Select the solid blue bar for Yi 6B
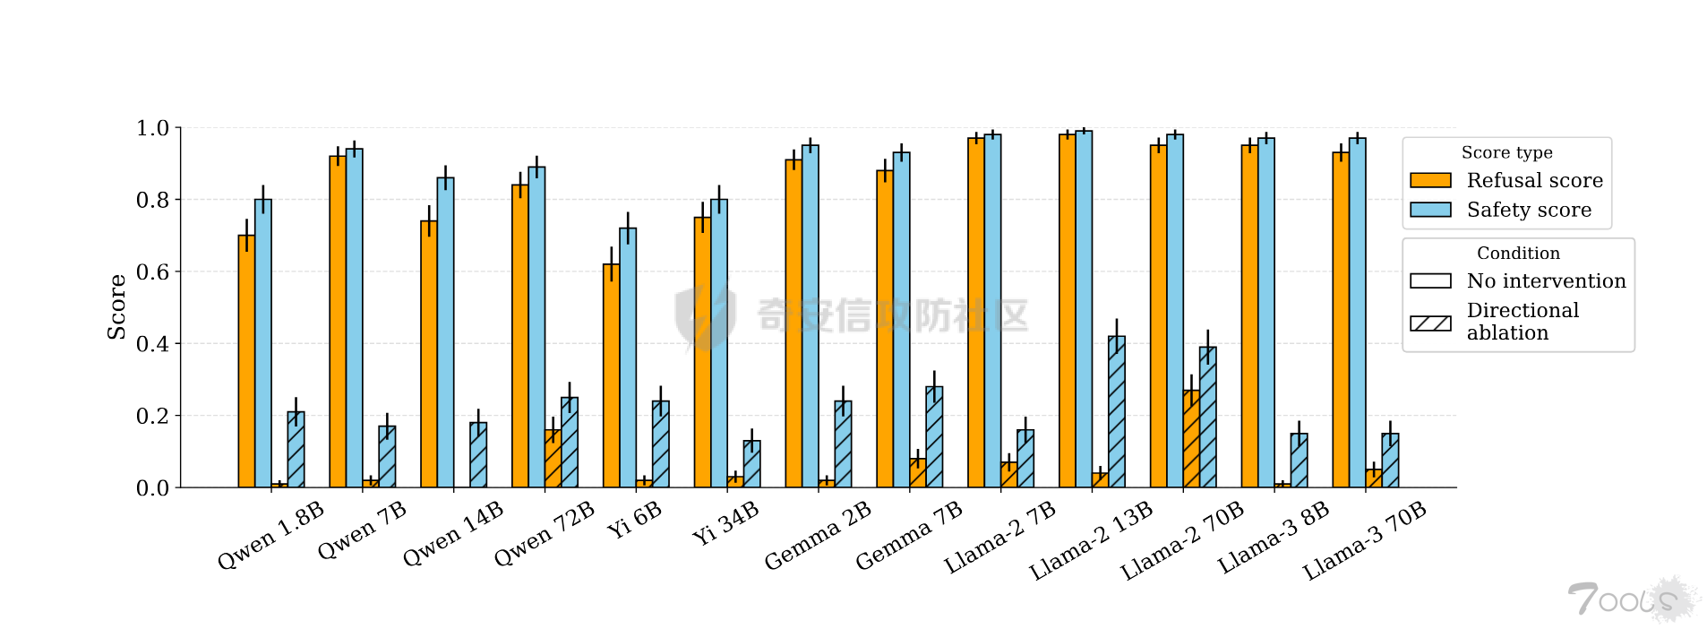click(x=628, y=358)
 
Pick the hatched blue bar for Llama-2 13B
click(x=1116, y=411)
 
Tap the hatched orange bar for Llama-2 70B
click(x=1191, y=439)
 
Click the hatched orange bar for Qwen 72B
click(x=553, y=459)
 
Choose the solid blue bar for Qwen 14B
click(x=445, y=332)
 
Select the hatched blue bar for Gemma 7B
click(x=934, y=437)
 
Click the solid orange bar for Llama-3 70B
click(x=1341, y=320)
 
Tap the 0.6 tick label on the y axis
click(x=152, y=271)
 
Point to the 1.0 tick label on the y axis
click(x=152, y=128)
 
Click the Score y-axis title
click(x=116, y=307)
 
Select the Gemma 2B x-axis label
click(x=818, y=535)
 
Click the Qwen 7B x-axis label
click(x=362, y=530)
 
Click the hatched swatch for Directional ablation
click(x=1430, y=323)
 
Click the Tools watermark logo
click(x=1633, y=599)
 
